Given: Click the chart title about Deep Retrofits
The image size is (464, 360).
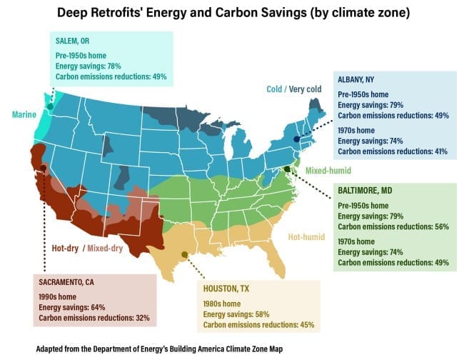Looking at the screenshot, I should [x=231, y=14].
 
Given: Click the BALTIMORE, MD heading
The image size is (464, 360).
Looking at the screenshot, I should [x=363, y=191].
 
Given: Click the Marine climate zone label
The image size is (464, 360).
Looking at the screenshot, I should [x=24, y=114].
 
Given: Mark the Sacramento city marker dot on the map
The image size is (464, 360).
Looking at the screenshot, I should [x=44, y=169].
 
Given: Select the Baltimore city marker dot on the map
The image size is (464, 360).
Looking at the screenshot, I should [x=287, y=169].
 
